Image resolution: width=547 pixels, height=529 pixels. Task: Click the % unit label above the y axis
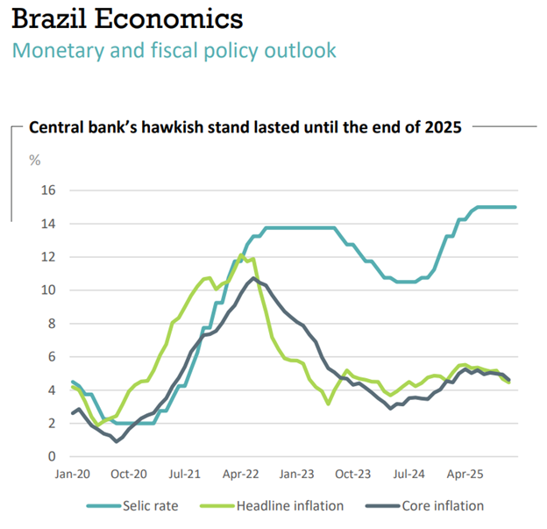point(35,161)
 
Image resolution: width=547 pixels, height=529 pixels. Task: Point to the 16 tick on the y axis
point(49,190)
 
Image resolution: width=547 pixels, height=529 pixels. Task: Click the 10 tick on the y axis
point(49,290)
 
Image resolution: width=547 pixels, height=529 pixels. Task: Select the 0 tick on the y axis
point(53,457)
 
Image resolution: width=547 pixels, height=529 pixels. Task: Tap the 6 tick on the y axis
point(53,357)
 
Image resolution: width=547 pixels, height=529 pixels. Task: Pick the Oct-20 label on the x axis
point(128,475)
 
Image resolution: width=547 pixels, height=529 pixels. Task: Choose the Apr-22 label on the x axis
point(240,475)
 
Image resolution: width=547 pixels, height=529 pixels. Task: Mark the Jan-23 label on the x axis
point(296,475)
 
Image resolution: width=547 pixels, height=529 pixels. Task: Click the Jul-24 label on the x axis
point(408,475)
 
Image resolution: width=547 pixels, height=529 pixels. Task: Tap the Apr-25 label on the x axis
point(464,475)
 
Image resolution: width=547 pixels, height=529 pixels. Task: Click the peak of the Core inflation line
point(253,278)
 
